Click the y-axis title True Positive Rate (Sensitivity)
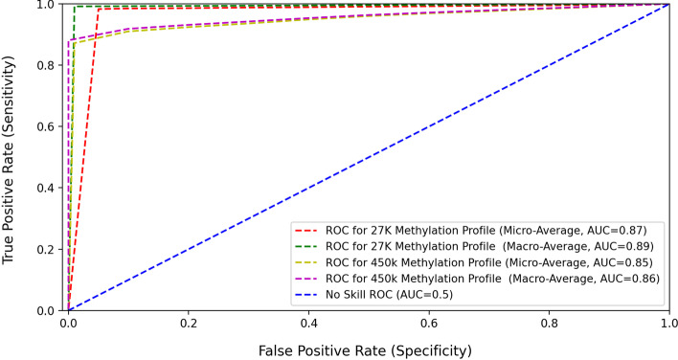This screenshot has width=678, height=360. tap(12, 158)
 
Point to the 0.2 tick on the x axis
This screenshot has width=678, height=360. tap(188, 325)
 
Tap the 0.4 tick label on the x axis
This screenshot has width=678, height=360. tap(308, 325)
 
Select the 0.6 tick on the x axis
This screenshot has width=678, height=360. tap(428, 325)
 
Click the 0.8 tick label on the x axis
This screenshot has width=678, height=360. tap(549, 325)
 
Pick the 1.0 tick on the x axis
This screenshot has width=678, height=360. tap(668, 325)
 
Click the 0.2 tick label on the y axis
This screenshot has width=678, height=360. tap(47, 249)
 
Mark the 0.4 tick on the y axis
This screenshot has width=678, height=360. tap(47, 188)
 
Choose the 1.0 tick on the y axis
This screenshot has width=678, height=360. tap(47, 5)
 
